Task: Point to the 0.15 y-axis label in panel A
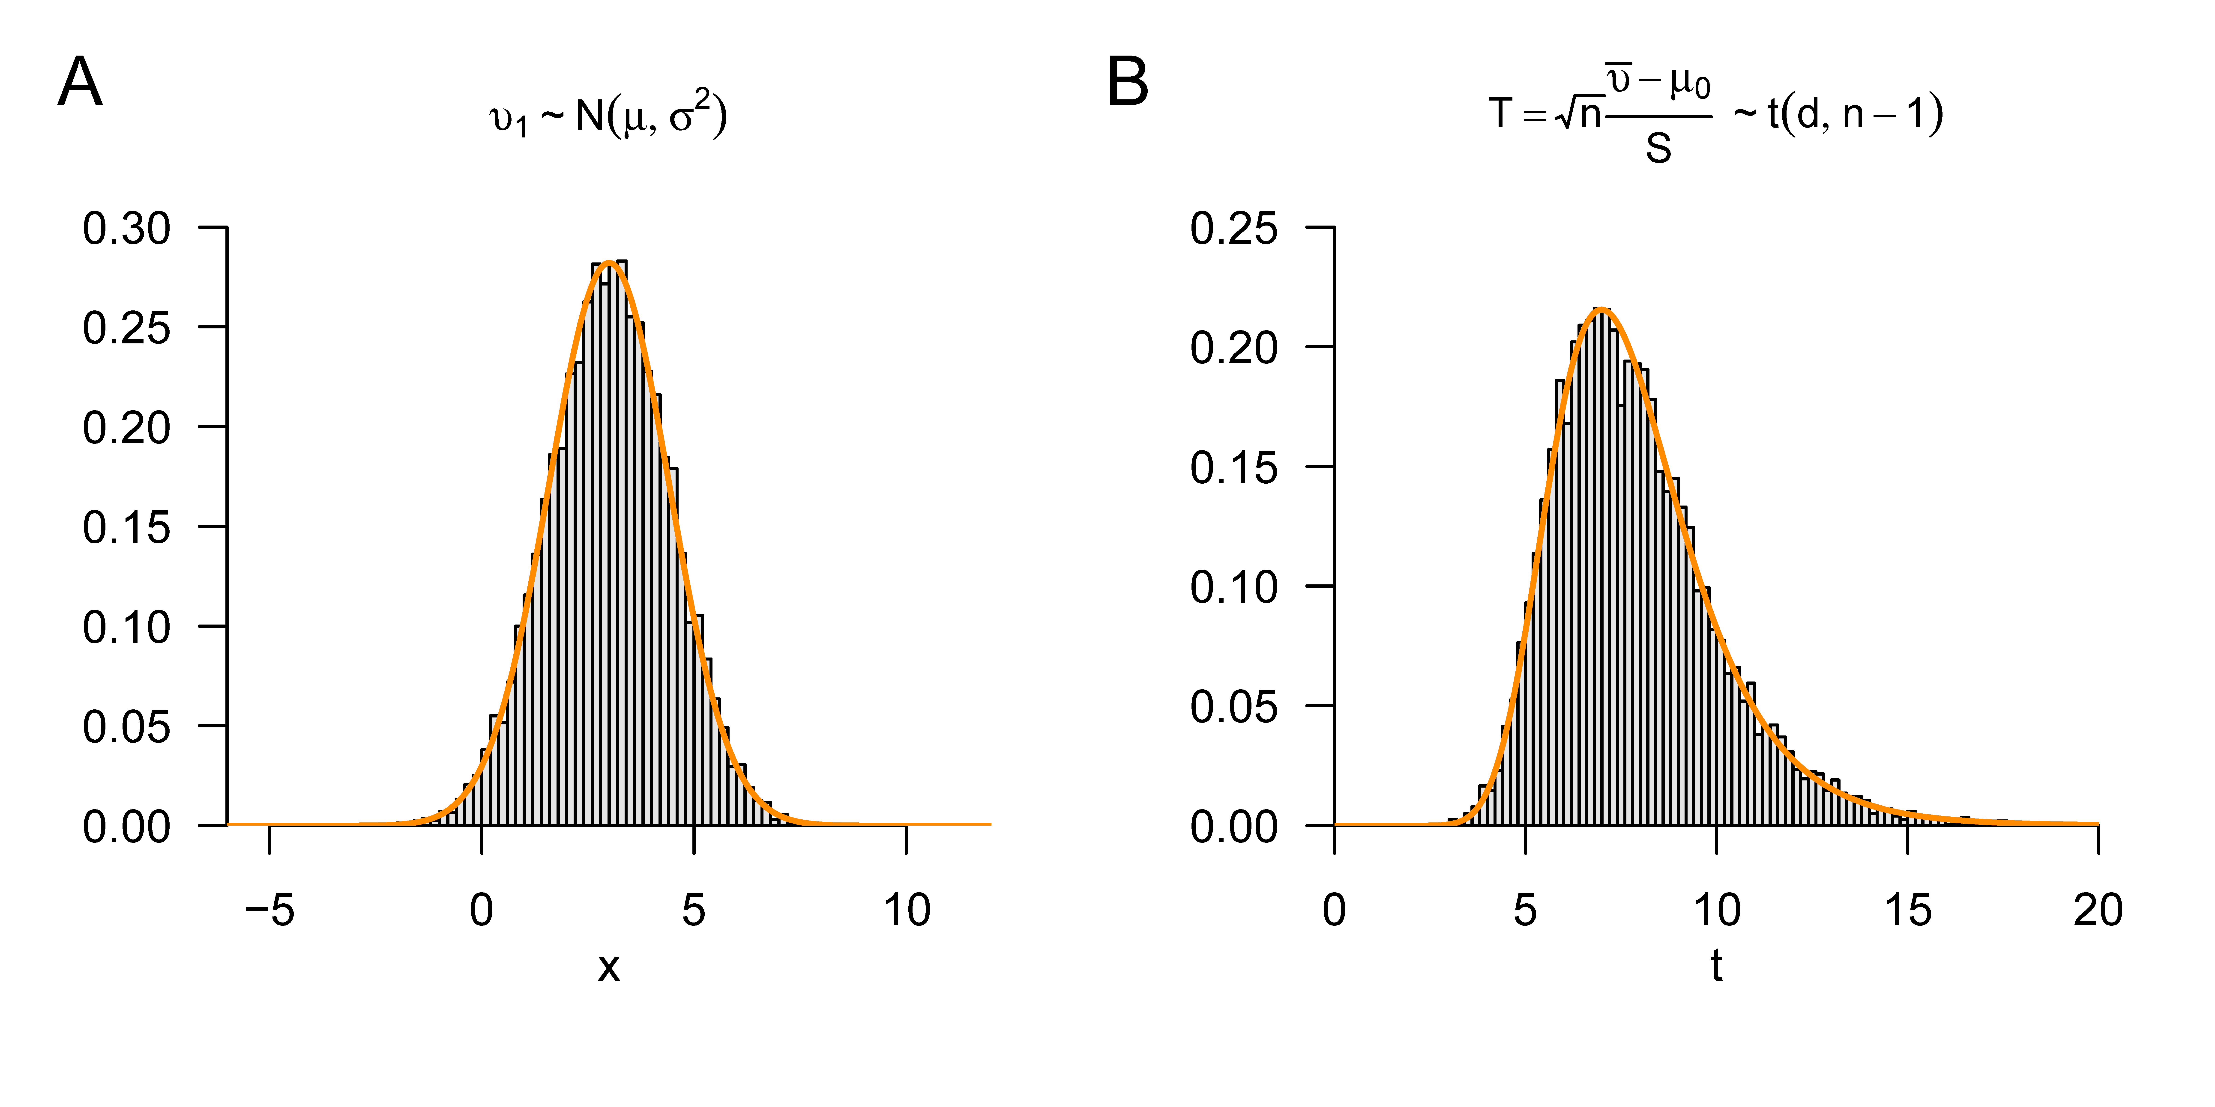pos(126,528)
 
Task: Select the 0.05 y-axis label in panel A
pos(126,727)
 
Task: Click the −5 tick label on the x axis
pos(269,910)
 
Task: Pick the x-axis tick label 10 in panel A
pos(906,910)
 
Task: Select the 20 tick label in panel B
pos(2098,910)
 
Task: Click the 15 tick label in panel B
pos(1907,910)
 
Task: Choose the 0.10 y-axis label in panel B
pos(1234,588)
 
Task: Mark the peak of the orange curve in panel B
pos(1601,309)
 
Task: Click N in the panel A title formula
pos(590,116)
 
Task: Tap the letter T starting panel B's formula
pos(1500,113)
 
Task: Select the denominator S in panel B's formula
pos(1658,149)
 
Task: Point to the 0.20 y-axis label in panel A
pos(126,428)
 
